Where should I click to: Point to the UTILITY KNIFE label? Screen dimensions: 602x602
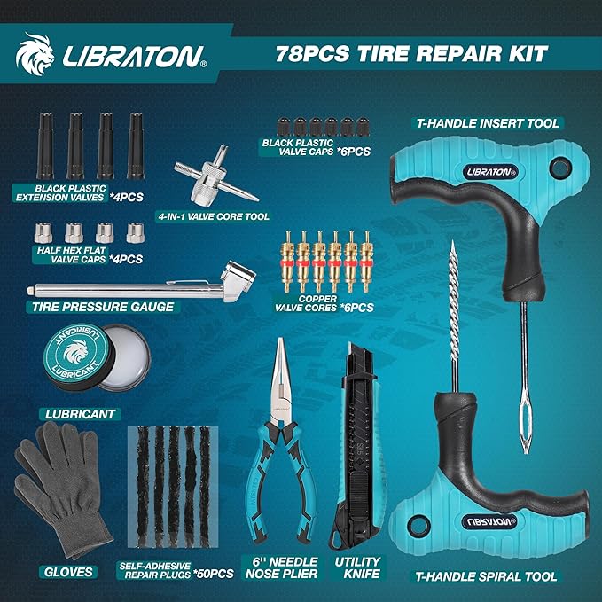coord(357,567)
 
